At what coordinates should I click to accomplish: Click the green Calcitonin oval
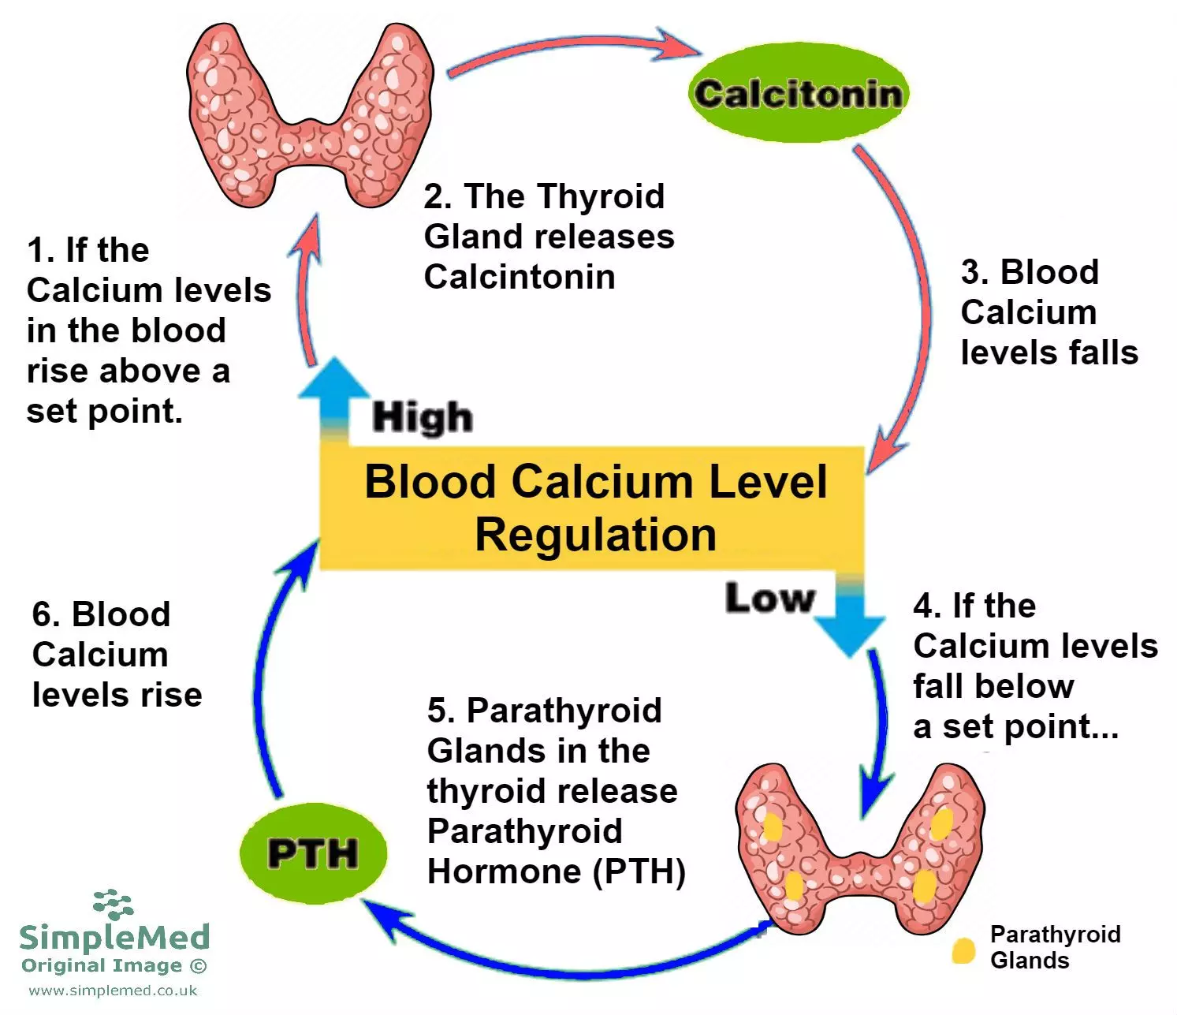tap(798, 93)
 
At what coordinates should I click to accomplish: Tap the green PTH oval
tap(313, 853)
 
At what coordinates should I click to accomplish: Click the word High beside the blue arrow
tap(423, 416)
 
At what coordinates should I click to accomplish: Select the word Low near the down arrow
tap(769, 598)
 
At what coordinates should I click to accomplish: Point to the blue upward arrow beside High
tap(334, 394)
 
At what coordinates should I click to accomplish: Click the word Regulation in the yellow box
tap(595, 535)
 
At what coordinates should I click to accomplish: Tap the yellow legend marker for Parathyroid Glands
tap(963, 950)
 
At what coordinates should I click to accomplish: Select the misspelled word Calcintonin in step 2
tap(520, 277)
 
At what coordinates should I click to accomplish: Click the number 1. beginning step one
tap(40, 251)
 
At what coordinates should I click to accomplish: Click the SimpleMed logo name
tap(114, 936)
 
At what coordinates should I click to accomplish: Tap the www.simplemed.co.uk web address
tap(114, 991)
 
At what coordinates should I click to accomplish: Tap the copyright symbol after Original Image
tap(199, 965)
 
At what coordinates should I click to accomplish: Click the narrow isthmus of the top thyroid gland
tap(310, 142)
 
